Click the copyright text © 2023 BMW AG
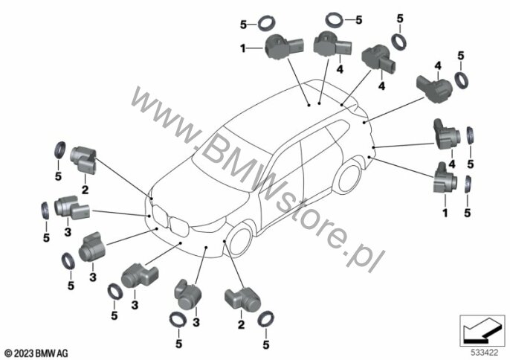[36, 353]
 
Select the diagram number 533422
[485, 353]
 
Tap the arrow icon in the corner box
[482, 330]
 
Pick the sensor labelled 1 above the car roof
[284, 47]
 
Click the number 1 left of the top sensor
[242, 49]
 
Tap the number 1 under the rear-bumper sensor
[445, 213]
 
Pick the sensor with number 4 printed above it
[434, 88]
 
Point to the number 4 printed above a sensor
[438, 65]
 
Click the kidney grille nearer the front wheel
[179, 226]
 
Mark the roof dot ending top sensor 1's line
[309, 105]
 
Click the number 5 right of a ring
[359, 20]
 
